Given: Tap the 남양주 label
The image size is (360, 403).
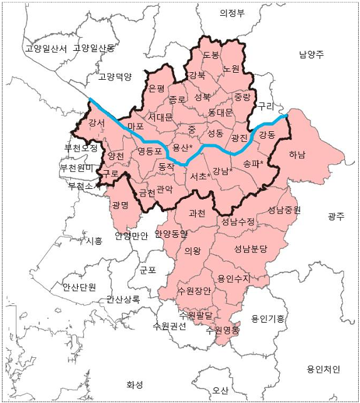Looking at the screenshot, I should click(x=311, y=55).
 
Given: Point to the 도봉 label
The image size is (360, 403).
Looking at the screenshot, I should click(x=211, y=55).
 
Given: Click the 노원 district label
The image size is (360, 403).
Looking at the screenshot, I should click(x=231, y=68).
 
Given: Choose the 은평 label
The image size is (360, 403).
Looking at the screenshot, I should click(x=156, y=89).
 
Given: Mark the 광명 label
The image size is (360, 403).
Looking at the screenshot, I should click(x=120, y=205).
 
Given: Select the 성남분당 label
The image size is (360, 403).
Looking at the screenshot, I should click(x=251, y=249).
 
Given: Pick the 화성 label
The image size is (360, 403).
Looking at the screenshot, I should click(x=135, y=384).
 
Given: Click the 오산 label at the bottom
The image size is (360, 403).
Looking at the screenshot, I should click(x=220, y=390).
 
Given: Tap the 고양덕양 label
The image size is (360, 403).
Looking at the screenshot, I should click(x=115, y=77).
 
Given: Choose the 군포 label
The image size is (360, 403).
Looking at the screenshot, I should click(x=147, y=271).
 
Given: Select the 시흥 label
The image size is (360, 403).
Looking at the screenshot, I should click(x=93, y=240).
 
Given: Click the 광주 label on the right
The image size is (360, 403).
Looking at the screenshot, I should click(x=336, y=216).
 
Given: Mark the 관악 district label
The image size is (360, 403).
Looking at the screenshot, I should click(x=164, y=188).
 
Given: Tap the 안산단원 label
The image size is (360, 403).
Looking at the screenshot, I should click(x=79, y=287).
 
